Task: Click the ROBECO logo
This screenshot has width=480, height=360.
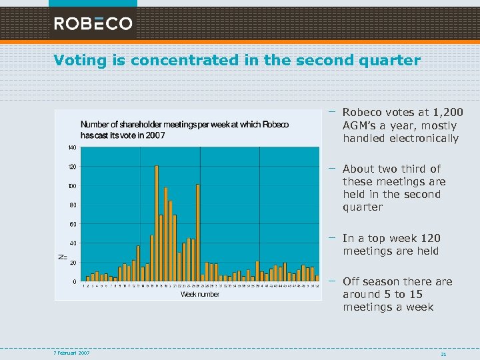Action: [x=93, y=24]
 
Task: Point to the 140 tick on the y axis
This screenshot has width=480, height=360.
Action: [x=71, y=147]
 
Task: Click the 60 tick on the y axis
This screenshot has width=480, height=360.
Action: [x=73, y=224]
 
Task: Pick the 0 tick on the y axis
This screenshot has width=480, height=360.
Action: [x=74, y=282]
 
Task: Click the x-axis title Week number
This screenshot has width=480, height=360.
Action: [x=200, y=294]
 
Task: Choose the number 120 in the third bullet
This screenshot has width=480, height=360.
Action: [x=431, y=238]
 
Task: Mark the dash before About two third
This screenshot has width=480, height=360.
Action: [x=331, y=168]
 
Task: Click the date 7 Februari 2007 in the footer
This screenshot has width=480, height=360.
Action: [x=73, y=352]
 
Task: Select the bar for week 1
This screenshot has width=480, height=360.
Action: [x=87, y=279]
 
